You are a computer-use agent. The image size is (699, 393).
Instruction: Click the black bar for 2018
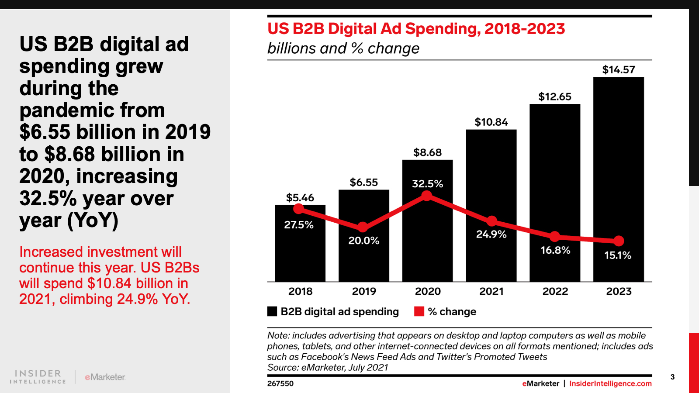[x=300, y=243]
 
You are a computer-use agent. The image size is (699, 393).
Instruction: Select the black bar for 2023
[x=619, y=179]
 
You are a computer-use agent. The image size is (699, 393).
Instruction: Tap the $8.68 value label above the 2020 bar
[x=428, y=152]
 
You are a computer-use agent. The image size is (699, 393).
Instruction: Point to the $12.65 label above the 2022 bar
[x=555, y=97]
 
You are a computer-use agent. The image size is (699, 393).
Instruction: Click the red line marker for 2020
[x=426, y=196]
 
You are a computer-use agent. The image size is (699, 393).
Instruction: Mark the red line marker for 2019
[x=363, y=227]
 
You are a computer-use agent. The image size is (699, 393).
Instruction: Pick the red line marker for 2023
[x=619, y=241]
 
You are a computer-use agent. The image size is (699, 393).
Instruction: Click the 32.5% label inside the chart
[x=428, y=184]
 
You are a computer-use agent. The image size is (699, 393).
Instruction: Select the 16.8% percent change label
[x=555, y=250]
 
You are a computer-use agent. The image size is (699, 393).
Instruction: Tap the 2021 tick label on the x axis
[x=491, y=291]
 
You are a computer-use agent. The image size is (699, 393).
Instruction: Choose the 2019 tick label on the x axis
[x=364, y=291]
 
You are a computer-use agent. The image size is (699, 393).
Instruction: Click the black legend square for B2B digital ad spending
[x=272, y=311]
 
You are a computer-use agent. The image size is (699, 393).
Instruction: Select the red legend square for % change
[x=419, y=311]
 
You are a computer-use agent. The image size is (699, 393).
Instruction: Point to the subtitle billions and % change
[x=343, y=48]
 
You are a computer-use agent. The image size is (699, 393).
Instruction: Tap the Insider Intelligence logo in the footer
[x=38, y=377]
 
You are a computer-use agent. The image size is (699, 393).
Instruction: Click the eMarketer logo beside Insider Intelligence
[x=105, y=377]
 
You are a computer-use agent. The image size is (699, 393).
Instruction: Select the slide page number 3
[x=672, y=377]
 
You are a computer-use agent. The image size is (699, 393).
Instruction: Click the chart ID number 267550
[x=280, y=384]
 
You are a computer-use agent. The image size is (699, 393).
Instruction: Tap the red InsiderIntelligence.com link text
[x=610, y=384]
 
